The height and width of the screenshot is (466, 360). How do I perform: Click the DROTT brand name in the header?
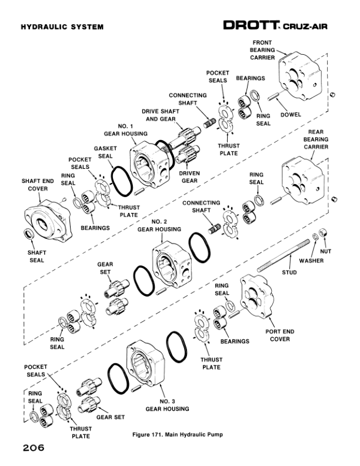click(x=252, y=25)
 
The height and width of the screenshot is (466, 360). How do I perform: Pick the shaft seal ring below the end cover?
click(x=28, y=236)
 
